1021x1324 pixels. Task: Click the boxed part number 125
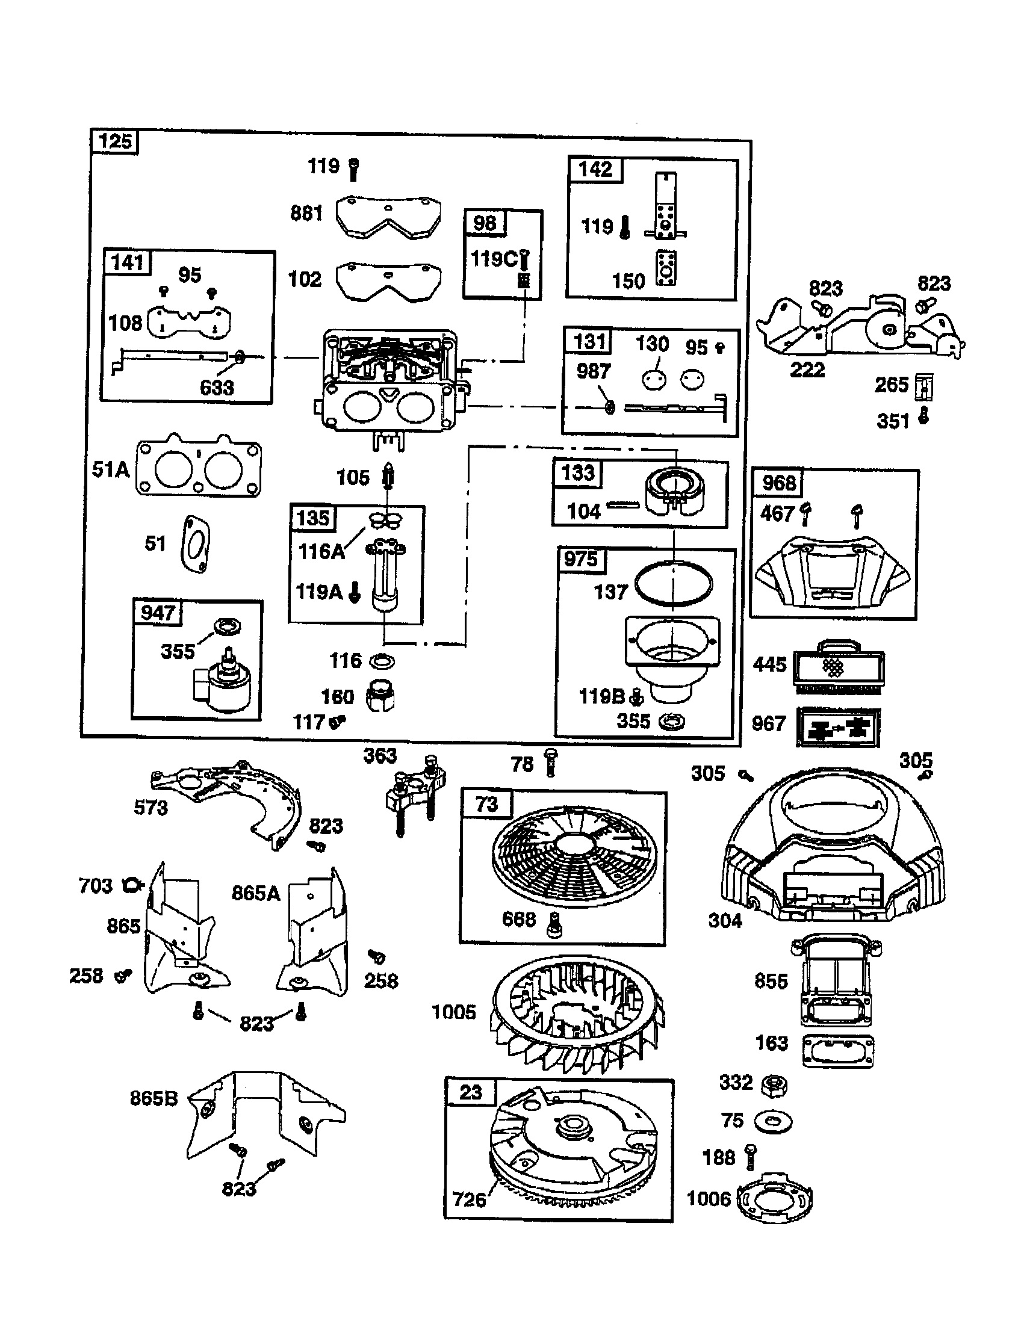click(x=115, y=142)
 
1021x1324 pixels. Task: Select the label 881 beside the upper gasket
click(x=306, y=214)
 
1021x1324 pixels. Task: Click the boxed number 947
click(x=158, y=612)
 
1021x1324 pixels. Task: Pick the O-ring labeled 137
click(x=674, y=584)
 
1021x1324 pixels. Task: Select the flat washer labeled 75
click(x=773, y=1121)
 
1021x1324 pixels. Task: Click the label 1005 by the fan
click(x=453, y=1012)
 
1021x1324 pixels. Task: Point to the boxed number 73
click(x=486, y=804)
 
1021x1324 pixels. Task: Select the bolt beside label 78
click(x=550, y=762)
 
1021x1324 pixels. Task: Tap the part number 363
click(x=380, y=755)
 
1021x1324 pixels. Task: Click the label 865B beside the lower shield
click(x=154, y=1098)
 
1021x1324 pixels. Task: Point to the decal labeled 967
click(x=839, y=727)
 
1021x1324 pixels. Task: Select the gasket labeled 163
click(x=839, y=1050)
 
